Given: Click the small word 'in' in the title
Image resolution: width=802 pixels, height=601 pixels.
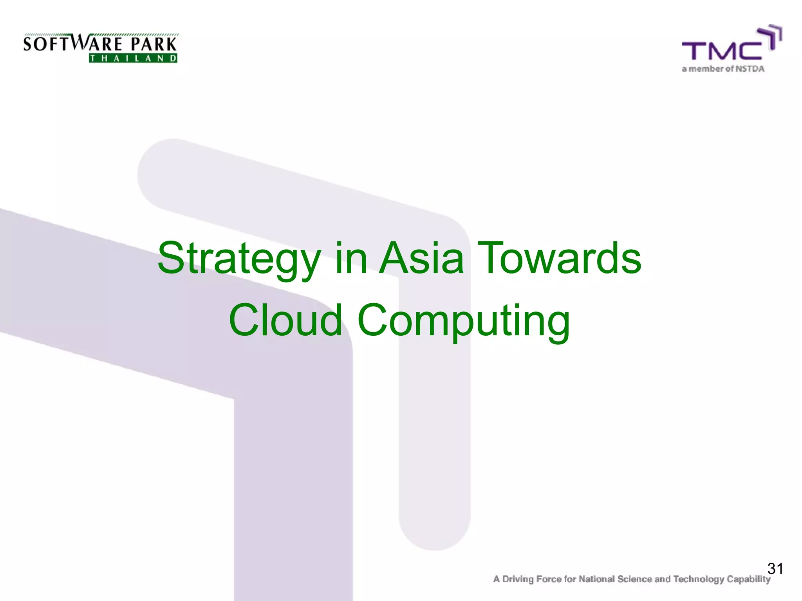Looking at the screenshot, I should click(351, 258).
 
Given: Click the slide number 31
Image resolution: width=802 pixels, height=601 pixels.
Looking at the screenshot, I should click(775, 569).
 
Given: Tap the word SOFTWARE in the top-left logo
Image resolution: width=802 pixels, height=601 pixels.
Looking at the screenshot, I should click(73, 43).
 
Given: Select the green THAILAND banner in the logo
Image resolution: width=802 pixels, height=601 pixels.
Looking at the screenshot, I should click(133, 59).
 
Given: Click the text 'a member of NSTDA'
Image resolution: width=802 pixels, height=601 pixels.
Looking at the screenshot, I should click(723, 69).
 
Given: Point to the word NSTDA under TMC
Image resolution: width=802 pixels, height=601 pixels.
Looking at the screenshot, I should click(750, 69).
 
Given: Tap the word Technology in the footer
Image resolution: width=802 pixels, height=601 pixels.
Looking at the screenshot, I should click(699, 579).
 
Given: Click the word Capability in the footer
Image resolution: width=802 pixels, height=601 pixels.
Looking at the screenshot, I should click(748, 579).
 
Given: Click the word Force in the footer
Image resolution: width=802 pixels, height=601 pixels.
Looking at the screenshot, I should click(549, 579).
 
